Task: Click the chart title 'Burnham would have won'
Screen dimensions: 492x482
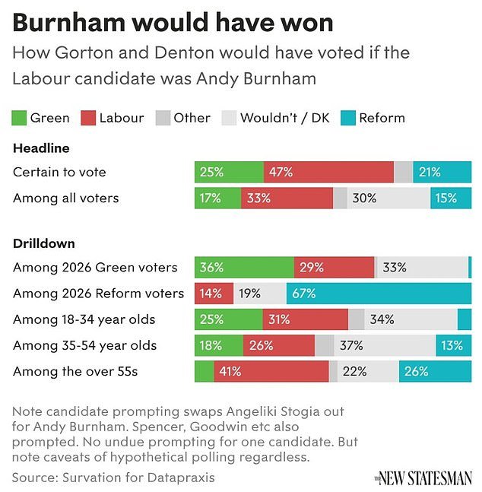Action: (173, 23)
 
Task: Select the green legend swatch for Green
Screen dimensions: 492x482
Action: (21, 118)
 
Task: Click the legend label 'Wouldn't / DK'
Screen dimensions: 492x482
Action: (284, 118)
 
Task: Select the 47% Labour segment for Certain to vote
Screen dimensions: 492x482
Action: (328, 172)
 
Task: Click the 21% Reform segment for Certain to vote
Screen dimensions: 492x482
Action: (442, 172)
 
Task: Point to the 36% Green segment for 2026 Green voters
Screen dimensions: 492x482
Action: (244, 267)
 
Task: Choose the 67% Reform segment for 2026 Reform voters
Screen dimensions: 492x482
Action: (379, 293)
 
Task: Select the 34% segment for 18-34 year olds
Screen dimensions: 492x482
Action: (411, 319)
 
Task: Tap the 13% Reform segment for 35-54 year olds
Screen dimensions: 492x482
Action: (453, 345)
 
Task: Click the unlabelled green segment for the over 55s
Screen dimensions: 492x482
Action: (204, 372)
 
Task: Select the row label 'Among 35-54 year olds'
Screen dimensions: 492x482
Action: (85, 345)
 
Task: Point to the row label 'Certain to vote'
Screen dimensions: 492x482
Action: (59, 172)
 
